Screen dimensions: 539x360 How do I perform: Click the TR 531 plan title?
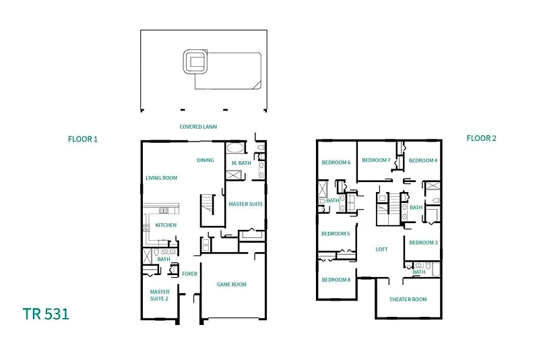(x=46, y=314)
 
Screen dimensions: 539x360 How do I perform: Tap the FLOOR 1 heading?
(x=83, y=140)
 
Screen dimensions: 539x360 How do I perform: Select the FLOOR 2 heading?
(x=481, y=138)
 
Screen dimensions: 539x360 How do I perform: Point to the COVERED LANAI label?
(x=198, y=127)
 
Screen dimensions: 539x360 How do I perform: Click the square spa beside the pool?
(x=195, y=61)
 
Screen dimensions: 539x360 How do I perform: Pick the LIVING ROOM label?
(x=162, y=178)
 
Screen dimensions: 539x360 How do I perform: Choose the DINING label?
(x=205, y=160)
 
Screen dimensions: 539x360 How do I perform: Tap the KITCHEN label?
(x=166, y=225)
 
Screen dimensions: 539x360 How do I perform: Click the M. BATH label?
(x=241, y=163)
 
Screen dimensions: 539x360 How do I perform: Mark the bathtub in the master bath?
(x=235, y=148)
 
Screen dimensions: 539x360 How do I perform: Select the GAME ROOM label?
(x=232, y=284)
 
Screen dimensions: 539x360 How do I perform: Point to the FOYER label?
(x=190, y=274)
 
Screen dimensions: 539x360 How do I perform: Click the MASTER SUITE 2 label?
(x=160, y=295)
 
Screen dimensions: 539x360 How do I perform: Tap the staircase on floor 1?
(x=208, y=204)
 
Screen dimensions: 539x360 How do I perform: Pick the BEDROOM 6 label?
(x=336, y=162)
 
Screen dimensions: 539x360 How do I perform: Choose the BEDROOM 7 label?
(x=376, y=160)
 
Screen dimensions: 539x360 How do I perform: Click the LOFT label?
(x=381, y=249)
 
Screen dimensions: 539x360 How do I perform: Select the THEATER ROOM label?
(x=408, y=299)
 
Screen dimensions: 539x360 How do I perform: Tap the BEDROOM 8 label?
(x=336, y=280)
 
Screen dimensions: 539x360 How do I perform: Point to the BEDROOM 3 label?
(x=424, y=243)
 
